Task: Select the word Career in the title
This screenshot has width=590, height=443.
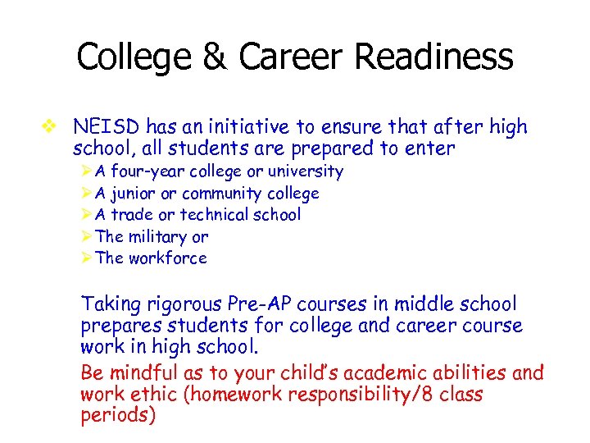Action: pos(288,57)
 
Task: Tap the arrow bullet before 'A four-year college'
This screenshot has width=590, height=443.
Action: pos(87,171)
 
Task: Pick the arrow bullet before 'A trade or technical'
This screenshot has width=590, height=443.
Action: pos(87,215)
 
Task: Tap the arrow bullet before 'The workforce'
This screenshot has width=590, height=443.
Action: pos(87,258)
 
